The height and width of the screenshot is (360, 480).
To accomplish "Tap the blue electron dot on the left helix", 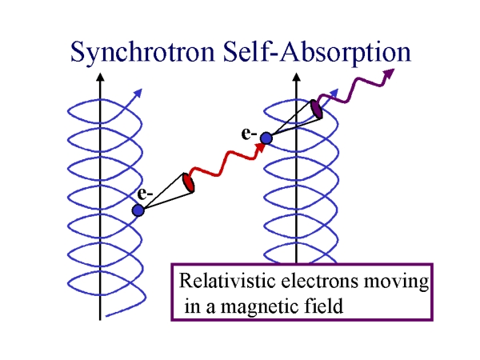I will click(138, 210).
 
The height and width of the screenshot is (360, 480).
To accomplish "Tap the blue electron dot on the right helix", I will click(266, 138).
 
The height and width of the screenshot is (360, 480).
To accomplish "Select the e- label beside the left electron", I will click(144, 194).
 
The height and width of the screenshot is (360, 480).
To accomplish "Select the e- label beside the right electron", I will click(249, 131).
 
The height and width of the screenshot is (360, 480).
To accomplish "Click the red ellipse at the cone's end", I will click(189, 182).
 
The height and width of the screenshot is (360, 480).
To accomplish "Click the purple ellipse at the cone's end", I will click(317, 109).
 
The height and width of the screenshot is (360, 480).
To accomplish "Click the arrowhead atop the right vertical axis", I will click(298, 79).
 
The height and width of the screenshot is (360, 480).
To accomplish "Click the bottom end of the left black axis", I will click(100, 318).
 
